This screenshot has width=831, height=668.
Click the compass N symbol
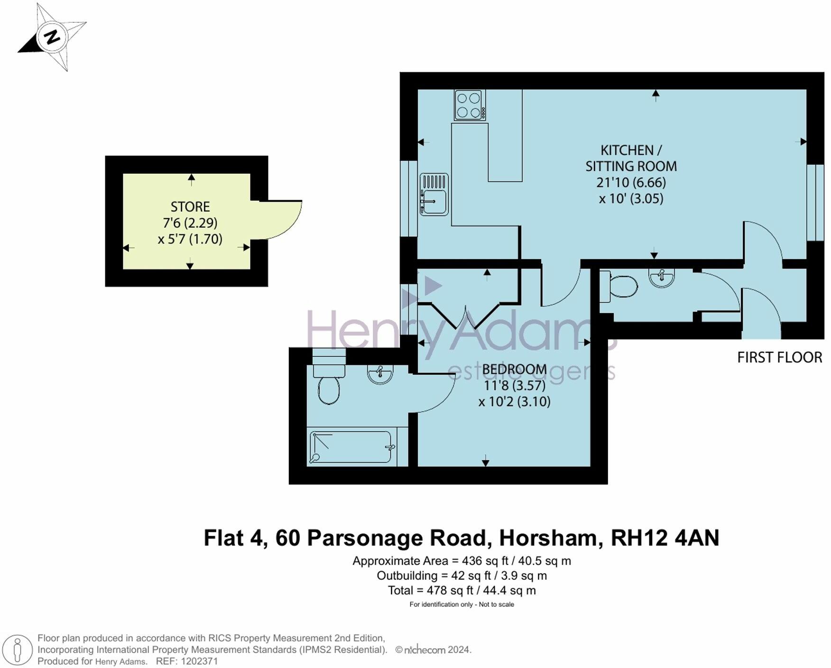click(52, 37)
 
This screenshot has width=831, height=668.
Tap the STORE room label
click(190, 207)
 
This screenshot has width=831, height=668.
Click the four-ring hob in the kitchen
click(470, 105)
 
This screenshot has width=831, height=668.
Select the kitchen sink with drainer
click(434, 194)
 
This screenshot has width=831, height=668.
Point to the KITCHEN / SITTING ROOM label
click(631, 158)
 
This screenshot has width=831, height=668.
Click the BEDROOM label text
click(514, 369)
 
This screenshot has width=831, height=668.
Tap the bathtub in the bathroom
click(351, 446)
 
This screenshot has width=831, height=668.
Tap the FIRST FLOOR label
click(779, 358)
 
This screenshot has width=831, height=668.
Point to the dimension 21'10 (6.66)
click(631, 182)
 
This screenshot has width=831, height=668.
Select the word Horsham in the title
click(548, 538)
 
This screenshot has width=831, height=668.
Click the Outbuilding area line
click(462, 575)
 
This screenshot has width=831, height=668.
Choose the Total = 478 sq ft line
click(462, 590)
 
